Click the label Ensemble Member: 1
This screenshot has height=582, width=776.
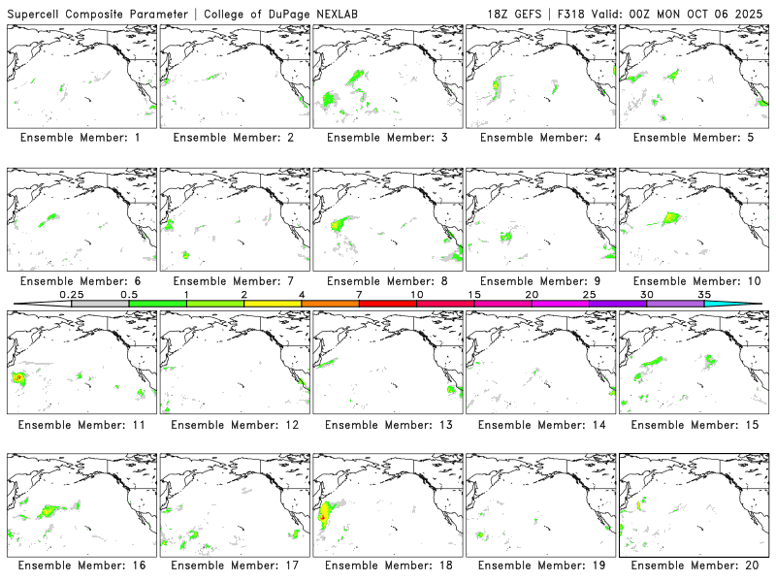click(x=81, y=137)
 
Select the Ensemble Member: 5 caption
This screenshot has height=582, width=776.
click(x=694, y=137)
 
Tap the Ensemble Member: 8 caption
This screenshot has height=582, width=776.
click(x=387, y=281)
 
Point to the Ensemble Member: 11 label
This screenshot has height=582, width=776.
click(x=81, y=425)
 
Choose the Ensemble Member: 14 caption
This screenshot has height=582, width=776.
click(x=540, y=425)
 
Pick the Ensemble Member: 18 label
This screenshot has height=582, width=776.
click(x=387, y=564)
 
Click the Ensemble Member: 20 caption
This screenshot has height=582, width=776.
click(x=694, y=564)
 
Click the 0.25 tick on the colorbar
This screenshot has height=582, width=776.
click(x=71, y=294)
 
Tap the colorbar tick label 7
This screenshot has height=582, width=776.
click(x=359, y=294)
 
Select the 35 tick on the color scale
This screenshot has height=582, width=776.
click(x=704, y=294)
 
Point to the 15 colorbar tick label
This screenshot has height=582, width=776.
click(x=474, y=294)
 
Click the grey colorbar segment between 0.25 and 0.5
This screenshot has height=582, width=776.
click(x=100, y=304)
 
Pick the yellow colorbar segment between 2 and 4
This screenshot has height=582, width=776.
click(x=273, y=304)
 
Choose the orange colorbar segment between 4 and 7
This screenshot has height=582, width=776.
click(x=330, y=304)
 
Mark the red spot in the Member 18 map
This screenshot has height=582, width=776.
click(x=322, y=517)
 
